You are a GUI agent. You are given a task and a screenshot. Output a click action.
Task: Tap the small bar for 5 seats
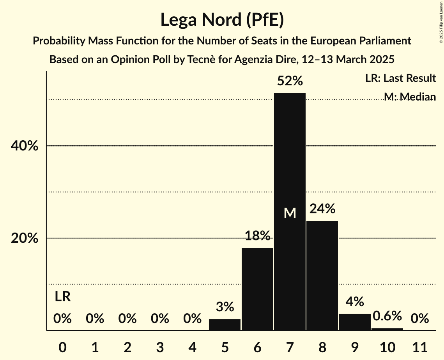point(225,325)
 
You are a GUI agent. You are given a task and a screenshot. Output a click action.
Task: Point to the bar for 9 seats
point(355,322)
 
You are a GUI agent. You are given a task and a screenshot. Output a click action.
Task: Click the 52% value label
point(290,81)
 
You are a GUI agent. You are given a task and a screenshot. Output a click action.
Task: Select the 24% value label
point(322,209)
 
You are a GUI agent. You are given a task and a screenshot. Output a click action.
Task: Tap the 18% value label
point(257,236)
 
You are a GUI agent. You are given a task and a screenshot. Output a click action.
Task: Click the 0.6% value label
point(387,316)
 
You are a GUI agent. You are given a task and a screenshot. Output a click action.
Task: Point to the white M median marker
point(290,213)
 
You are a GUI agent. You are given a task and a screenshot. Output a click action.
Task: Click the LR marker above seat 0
point(62,297)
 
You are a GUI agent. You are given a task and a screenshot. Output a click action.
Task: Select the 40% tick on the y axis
point(24,146)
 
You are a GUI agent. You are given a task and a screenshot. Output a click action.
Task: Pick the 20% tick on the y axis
point(24,238)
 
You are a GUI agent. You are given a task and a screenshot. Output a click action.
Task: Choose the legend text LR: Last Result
point(400,78)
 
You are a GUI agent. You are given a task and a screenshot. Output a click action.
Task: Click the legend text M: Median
point(409,97)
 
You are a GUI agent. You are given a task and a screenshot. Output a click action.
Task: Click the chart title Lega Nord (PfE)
point(222,20)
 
